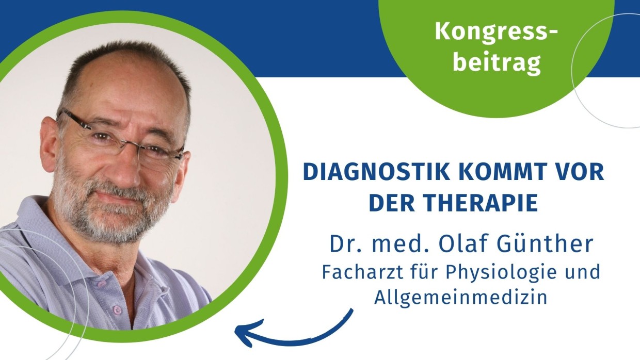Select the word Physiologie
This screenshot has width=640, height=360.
pos(502,273)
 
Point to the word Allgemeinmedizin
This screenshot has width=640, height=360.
pos(460,298)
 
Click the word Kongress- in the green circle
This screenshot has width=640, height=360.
pos(497,31)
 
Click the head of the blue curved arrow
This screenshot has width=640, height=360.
pos(243,332)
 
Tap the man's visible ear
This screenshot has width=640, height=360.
pos(49,143)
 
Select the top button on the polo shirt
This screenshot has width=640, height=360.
pos(102,284)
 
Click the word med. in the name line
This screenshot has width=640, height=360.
pos(399,244)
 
